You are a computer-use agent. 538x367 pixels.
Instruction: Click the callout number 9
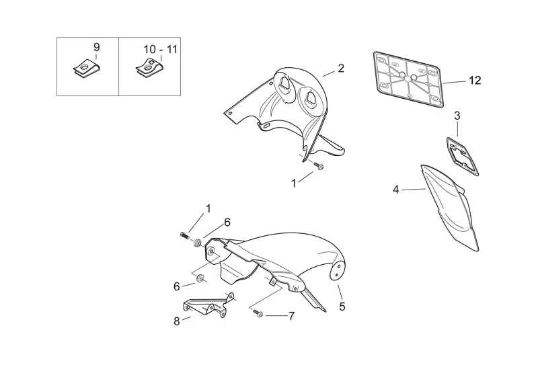95,47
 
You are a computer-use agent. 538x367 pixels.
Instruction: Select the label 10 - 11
161,50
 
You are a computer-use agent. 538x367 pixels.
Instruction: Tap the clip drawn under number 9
85,69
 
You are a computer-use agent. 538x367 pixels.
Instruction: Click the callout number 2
341,68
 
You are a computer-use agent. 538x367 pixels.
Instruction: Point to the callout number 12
475,81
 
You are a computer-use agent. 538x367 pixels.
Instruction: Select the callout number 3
457,116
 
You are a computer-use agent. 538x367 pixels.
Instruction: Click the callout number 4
396,190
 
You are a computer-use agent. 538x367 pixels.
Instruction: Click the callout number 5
342,307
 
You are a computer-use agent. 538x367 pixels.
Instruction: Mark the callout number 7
291,315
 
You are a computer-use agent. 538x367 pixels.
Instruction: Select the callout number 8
177,321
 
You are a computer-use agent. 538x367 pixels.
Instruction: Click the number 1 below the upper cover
293,182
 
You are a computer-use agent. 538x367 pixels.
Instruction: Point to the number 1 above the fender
208,208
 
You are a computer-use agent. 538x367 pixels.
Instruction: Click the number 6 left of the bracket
177,286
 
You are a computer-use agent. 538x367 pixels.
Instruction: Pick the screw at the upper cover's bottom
319,166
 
